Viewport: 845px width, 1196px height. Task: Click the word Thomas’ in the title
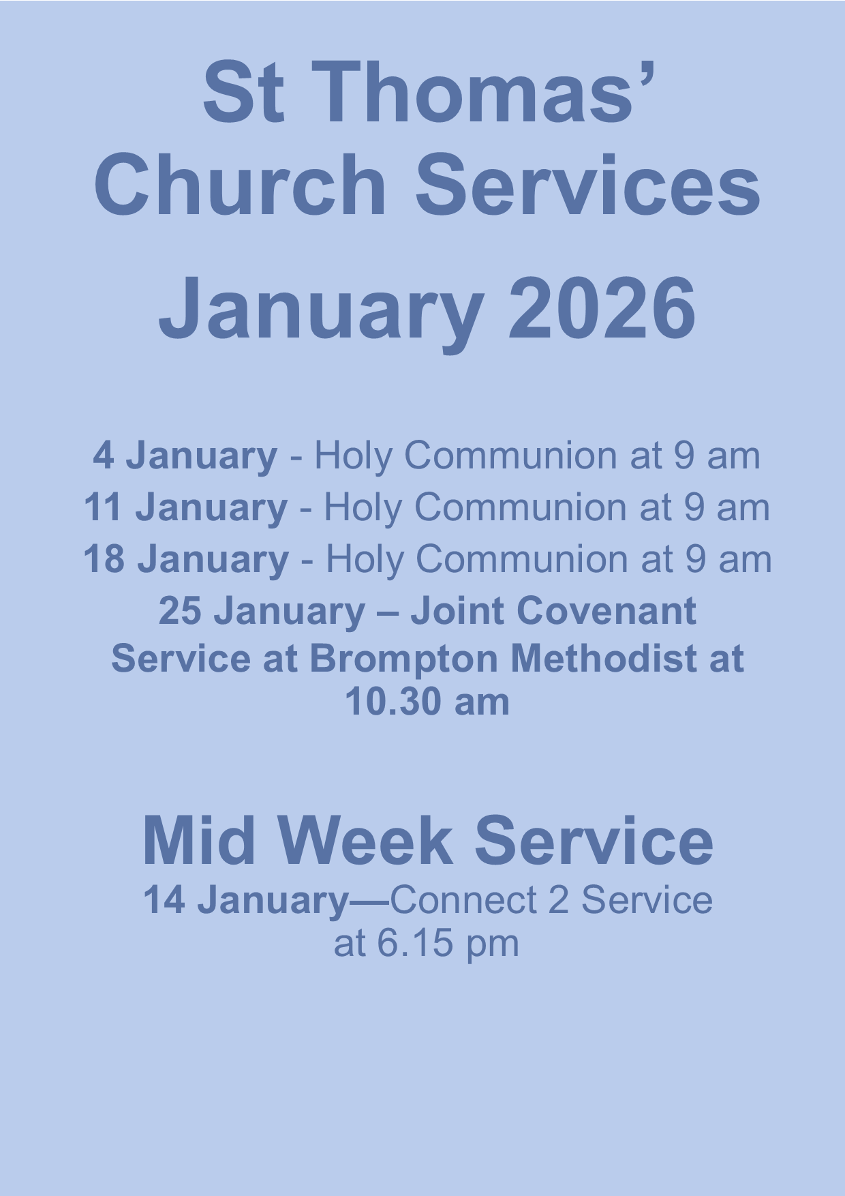(x=475, y=92)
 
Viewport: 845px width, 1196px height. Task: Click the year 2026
(x=602, y=308)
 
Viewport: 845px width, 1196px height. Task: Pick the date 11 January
(x=185, y=507)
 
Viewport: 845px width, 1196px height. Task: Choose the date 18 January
(x=186, y=559)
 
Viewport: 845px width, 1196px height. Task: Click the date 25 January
(x=262, y=611)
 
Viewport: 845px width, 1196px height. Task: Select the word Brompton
(x=404, y=660)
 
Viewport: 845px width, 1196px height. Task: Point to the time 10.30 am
(x=427, y=702)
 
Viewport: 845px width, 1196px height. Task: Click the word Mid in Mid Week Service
(x=199, y=840)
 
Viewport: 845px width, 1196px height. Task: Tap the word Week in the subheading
(x=365, y=840)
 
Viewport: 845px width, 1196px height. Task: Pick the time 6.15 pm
(x=448, y=944)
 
